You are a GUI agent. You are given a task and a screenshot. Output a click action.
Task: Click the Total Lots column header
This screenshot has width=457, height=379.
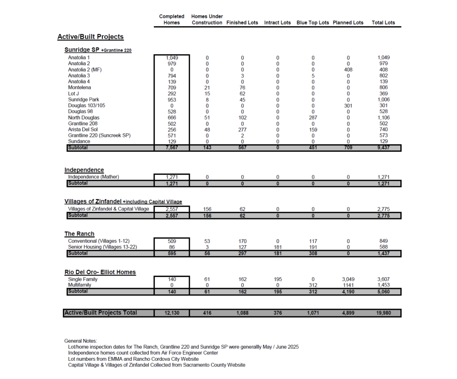tap(383, 23)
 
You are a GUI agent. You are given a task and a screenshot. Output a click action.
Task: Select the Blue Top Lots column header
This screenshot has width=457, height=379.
tap(313, 23)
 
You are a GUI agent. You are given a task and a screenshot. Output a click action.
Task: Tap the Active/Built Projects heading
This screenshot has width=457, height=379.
tap(90, 37)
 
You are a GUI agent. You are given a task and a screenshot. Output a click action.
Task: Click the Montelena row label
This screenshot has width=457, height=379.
tap(79, 87)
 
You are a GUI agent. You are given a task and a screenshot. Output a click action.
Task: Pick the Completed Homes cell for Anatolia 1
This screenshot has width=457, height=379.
tap(172, 58)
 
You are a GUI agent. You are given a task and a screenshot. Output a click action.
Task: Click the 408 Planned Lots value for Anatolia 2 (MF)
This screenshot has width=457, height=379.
tap(348, 70)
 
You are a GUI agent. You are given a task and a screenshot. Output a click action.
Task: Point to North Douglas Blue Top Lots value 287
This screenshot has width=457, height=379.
tap(313, 118)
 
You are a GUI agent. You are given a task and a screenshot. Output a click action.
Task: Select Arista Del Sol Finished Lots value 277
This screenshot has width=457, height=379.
tap(242, 130)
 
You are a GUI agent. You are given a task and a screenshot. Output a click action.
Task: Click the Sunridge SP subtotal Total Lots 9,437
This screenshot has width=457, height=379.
tap(383, 148)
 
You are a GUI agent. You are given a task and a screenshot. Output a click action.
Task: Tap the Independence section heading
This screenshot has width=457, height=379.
tap(84, 170)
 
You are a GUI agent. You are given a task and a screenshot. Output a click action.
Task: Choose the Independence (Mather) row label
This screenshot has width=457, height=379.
tap(93, 177)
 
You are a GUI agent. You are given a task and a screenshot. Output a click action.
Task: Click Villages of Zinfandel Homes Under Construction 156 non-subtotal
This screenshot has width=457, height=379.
tap(207, 209)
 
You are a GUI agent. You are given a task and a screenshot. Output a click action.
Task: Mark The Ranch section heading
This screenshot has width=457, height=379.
tap(79, 234)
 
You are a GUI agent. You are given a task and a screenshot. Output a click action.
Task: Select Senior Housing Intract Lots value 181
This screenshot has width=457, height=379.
tap(278, 247)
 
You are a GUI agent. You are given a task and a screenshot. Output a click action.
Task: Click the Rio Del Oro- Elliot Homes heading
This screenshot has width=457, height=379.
tap(100, 272)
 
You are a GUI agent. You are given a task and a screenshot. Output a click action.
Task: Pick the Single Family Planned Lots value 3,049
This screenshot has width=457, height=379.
tap(348, 279)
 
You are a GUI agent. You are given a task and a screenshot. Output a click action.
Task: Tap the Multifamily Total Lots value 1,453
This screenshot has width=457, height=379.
tap(383, 285)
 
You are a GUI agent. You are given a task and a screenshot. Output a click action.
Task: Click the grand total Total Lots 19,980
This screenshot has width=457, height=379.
tap(383, 313)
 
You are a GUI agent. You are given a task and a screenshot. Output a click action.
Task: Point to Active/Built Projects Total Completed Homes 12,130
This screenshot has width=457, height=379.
tap(172, 313)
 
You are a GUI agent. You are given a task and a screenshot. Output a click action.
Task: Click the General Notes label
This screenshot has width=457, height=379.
tap(81, 341)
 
